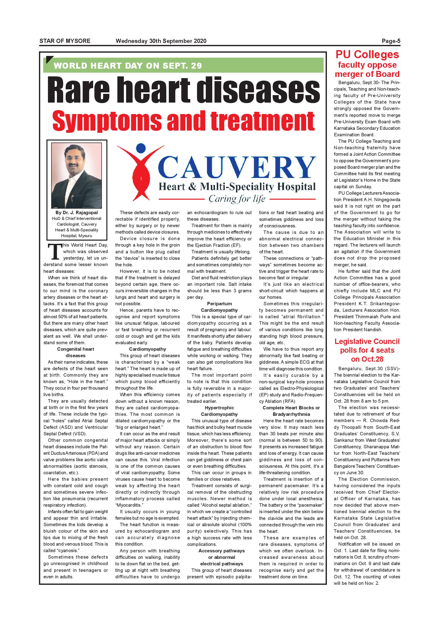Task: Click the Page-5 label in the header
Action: click(x=391, y=41)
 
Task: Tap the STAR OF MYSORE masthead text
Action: click(x=65, y=41)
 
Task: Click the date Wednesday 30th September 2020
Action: click(x=161, y=41)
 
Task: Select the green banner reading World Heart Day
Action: click(x=183, y=65)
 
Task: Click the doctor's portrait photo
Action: click(x=77, y=175)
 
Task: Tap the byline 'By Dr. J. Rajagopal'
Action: click(x=77, y=212)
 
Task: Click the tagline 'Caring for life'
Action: click(x=237, y=199)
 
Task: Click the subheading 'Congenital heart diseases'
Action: click(x=75, y=352)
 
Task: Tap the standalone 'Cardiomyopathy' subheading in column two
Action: click(x=148, y=349)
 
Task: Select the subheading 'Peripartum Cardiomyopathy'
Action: click(x=219, y=307)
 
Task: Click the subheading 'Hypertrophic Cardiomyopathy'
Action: click(x=219, y=411)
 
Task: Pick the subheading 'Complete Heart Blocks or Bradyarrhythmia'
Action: click(x=291, y=411)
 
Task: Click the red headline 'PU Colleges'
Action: click(x=367, y=55)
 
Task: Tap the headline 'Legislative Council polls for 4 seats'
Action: click(x=367, y=346)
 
